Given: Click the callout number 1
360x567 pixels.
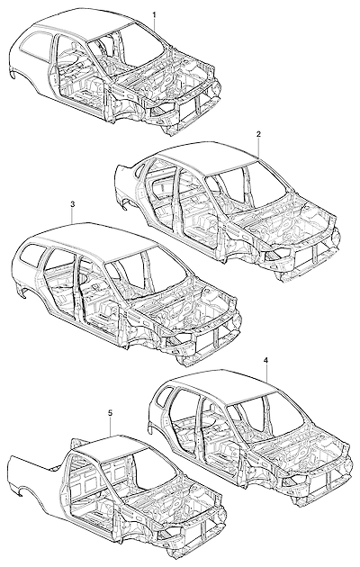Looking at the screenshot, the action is (154, 14).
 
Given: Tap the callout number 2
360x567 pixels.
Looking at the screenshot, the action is (258, 134).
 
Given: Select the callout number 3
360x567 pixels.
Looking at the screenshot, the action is (72, 204).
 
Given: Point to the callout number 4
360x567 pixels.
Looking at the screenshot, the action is (266, 361).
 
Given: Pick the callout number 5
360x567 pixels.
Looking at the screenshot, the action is (111, 412).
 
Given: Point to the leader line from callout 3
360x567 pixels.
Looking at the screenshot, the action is (73, 215).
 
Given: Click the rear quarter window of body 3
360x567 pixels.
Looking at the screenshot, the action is (31, 253).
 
